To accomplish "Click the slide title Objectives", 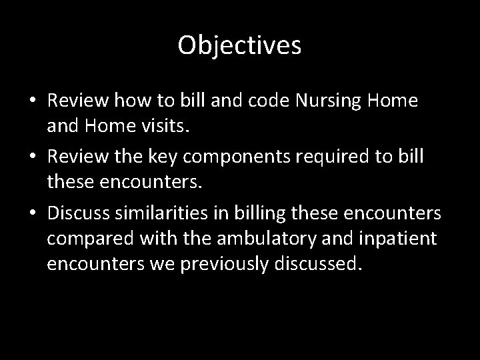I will (240, 46).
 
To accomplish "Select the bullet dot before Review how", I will (33, 101).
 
